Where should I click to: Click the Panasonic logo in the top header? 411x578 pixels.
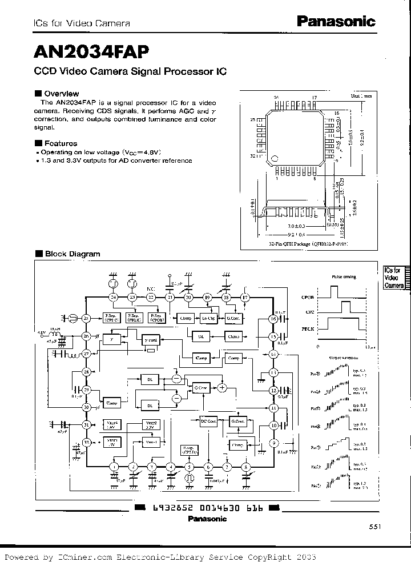click(x=336, y=22)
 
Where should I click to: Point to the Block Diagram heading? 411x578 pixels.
click(x=71, y=254)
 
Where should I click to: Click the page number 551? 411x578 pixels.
click(x=374, y=527)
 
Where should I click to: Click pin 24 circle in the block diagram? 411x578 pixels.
click(x=113, y=298)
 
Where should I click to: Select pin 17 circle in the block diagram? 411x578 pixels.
click(x=245, y=298)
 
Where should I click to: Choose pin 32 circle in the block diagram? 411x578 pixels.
click(x=87, y=443)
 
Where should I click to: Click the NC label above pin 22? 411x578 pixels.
click(x=151, y=288)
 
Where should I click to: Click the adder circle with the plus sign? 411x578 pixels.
click(x=223, y=388)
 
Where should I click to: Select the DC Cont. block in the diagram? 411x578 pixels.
click(x=208, y=422)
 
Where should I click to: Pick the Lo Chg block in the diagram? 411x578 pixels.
click(x=208, y=318)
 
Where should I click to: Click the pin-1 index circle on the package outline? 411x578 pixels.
click(x=276, y=155)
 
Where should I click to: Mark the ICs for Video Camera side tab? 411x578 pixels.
click(x=394, y=278)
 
